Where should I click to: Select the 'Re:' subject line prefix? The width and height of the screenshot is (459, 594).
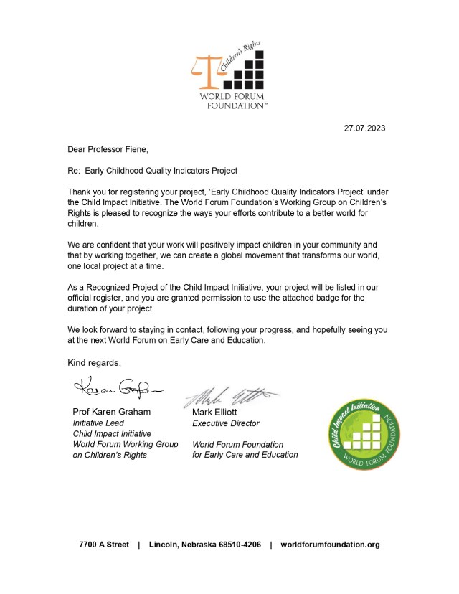point(75,171)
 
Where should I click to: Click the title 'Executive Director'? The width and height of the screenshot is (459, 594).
point(226,423)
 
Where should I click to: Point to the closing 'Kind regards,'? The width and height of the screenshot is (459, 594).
point(95,362)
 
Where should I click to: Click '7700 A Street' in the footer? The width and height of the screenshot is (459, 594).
point(104,544)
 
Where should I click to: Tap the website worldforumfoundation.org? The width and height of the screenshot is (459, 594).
point(329,544)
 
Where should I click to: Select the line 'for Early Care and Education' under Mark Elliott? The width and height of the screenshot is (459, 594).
point(245,455)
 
